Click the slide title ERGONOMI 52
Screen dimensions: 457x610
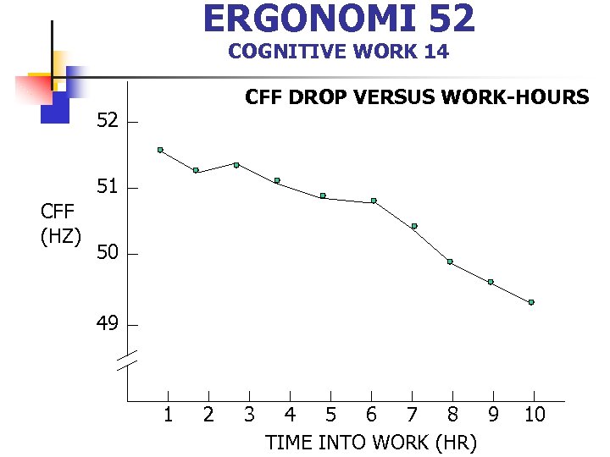coord(339,19)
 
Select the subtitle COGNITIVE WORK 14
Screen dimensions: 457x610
coord(338,52)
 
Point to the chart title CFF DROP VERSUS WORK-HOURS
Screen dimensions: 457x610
coord(416,97)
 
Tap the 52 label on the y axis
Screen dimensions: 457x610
coord(107,121)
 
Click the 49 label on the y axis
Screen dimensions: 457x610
coord(107,324)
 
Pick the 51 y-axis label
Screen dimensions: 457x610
coord(107,187)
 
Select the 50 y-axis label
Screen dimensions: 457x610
coord(107,254)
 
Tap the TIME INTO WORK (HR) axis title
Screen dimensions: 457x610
coord(371,443)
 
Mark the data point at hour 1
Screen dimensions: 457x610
coord(160,150)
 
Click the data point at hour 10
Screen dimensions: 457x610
coord(531,302)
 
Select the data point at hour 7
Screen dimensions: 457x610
coord(414,226)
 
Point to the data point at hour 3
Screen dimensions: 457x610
coord(236,164)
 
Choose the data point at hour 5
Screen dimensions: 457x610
coord(323,195)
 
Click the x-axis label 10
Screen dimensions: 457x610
coord(535,415)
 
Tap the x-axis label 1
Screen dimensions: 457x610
coord(168,415)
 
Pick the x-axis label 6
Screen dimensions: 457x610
coord(371,415)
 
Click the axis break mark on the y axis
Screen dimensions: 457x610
coord(127,361)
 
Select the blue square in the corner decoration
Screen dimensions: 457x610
coord(54,107)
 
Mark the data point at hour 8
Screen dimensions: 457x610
coord(450,262)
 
